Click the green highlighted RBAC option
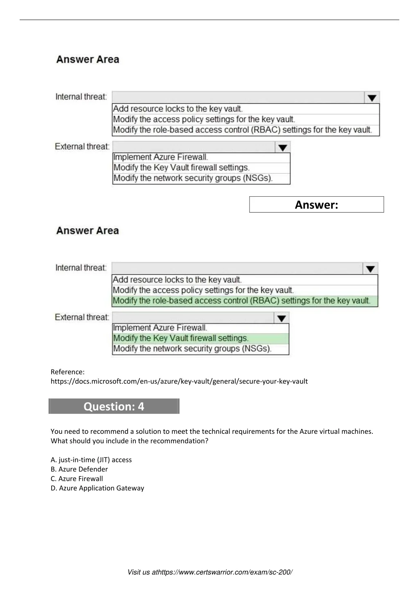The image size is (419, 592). pos(241,301)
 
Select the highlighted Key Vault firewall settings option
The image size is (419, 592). pos(180,339)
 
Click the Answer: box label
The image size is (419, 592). pos(316,205)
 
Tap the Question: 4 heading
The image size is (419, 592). pos(114,406)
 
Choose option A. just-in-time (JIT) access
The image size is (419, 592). pos(91,460)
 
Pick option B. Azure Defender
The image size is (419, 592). pos(79,469)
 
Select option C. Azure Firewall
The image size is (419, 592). pos(77,479)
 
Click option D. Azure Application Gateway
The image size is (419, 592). pos(97,488)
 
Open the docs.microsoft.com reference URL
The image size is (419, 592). pos(179,381)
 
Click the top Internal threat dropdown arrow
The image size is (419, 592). pos(372,98)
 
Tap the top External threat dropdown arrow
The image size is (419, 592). pos(282,147)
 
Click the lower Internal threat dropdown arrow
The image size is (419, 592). pos(370,269)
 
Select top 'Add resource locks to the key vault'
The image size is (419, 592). pos(178,109)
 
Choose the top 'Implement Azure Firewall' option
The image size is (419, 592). pos(160,157)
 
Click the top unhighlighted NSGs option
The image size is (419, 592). pos(193,178)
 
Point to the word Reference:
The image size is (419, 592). pos(68,372)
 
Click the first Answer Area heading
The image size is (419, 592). pos(88,60)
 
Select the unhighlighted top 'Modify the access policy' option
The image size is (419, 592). pos(204,119)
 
